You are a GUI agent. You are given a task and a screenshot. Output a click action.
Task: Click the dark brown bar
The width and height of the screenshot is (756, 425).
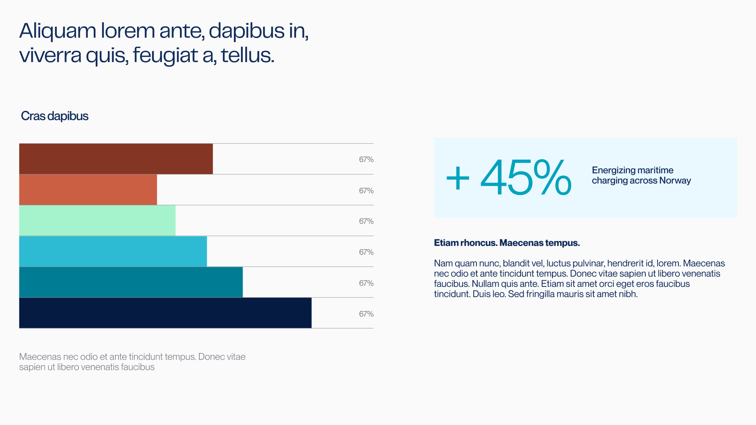[116, 159]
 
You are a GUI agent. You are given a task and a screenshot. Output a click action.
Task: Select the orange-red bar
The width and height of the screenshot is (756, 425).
[88, 190]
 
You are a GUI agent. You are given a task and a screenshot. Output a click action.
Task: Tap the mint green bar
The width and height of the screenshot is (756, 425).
[97, 221]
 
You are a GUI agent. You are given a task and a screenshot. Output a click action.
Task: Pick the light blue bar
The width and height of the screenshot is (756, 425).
[113, 251]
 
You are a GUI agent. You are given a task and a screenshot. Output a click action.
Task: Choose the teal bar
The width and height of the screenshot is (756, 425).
[131, 282]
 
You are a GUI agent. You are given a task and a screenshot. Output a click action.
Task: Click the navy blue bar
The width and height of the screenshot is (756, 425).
[165, 313]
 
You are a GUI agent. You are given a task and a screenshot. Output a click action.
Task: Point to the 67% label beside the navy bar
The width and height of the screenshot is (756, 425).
[366, 314]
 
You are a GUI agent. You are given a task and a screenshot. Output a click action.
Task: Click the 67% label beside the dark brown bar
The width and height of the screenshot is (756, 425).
[366, 159]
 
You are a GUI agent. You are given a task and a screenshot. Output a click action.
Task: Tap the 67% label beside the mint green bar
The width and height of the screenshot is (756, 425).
[366, 221]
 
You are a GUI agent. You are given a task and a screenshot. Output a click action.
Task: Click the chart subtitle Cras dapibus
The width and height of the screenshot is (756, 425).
[54, 116]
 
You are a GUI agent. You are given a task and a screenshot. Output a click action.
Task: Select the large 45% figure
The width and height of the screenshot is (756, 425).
[526, 178]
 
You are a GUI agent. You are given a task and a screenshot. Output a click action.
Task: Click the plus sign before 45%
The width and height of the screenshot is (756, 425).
[458, 179]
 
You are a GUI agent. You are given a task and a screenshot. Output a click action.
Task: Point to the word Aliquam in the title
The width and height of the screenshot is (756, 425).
[57, 31]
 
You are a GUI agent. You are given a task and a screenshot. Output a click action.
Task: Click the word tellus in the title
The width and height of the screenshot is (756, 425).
[247, 55]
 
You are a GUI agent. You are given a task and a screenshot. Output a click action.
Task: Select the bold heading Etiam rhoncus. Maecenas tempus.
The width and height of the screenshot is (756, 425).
[506, 243]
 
